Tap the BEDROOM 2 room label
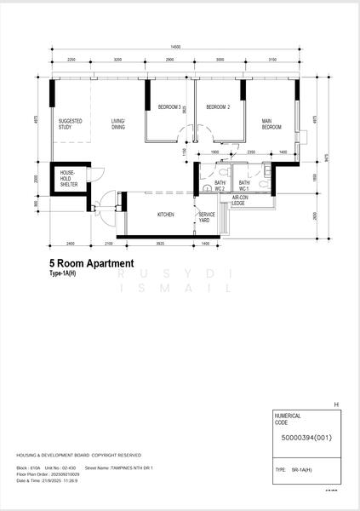[218, 107]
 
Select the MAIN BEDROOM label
[271, 124]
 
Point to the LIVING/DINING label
[118, 124]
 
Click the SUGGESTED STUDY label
[71, 124]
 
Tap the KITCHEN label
[166, 215]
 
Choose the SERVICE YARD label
[207, 217]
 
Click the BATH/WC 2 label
[219, 186]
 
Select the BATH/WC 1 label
[244, 186]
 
